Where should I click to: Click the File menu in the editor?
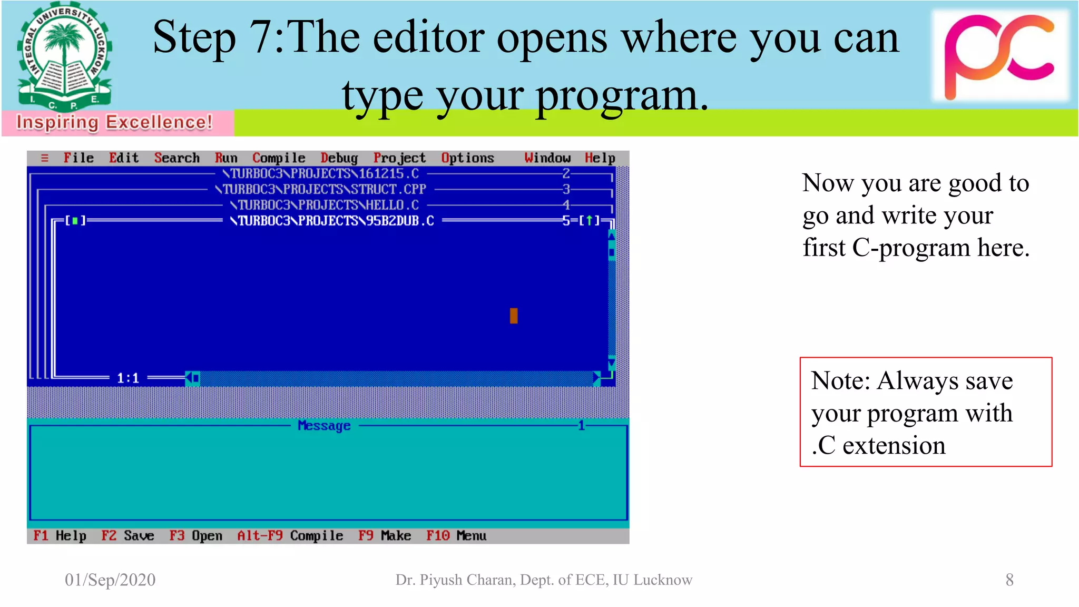point(79,158)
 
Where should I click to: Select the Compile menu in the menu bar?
point(279,158)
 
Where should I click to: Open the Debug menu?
point(339,158)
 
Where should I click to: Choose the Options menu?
point(467,158)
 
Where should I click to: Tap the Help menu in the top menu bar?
point(600,158)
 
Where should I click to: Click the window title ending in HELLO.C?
point(325,205)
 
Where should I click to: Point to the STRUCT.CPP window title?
point(321,189)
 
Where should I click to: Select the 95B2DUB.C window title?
point(332,221)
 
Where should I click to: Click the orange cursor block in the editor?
point(514,316)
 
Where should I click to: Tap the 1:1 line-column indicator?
point(128,378)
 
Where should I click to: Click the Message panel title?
point(324,426)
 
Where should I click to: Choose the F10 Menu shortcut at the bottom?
point(456,536)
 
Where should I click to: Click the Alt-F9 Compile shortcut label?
point(290,536)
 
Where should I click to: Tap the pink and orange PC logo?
point(1000,55)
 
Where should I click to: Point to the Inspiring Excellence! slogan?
point(114,122)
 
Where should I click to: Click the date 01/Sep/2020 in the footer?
point(110,580)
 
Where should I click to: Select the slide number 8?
point(1009,580)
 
